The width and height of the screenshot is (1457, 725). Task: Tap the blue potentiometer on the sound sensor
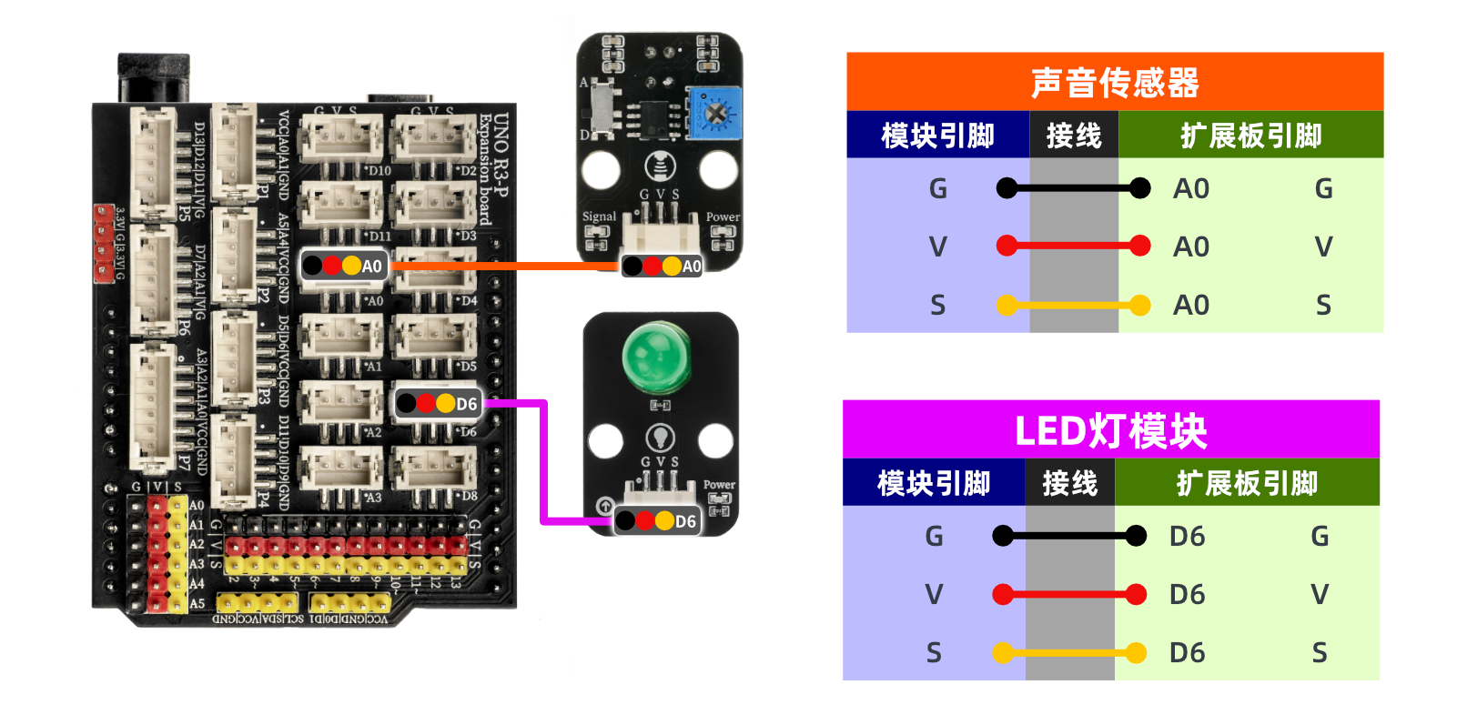pyautogui.click(x=714, y=113)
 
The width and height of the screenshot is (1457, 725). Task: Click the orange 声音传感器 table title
pyautogui.click(x=1115, y=82)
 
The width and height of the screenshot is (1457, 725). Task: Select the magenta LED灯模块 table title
pyautogui.click(x=1110, y=430)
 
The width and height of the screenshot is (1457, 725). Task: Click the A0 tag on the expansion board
pyautogui.click(x=343, y=266)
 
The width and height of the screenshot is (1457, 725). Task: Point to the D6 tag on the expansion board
pyautogui.click(x=438, y=403)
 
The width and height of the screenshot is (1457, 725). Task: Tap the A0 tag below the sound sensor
pyautogui.click(x=662, y=266)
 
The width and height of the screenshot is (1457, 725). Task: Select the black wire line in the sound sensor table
pyautogui.click(x=1073, y=188)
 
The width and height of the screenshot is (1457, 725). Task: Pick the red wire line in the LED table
pyautogui.click(x=1069, y=595)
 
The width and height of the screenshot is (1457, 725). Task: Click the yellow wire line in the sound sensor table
pyautogui.click(x=1073, y=305)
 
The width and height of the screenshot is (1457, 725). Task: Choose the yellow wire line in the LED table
pyautogui.click(x=1069, y=652)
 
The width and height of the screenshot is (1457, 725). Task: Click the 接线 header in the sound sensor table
pyautogui.click(x=1074, y=136)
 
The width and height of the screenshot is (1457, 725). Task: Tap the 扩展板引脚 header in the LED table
pyautogui.click(x=1247, y=483)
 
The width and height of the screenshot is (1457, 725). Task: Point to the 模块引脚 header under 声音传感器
pyautogui.click(x=937, y=136)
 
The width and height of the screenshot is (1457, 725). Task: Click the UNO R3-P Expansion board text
pyautogui.click(x=493, y=168)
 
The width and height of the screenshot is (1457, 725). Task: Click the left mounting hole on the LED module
pyautogui.click(x=605, y=440)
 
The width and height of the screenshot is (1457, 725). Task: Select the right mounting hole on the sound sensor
pyautogui.click(x=718, y=169)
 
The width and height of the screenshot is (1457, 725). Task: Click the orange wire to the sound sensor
pyautogui.click(x=505, y=266)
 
